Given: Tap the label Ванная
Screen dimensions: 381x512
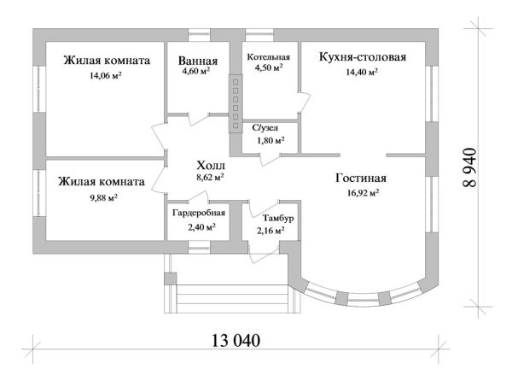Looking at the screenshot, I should click(198, 62).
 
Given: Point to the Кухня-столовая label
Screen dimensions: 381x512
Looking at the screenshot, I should click(362, 57).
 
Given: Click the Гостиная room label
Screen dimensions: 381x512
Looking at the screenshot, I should click(361, 179).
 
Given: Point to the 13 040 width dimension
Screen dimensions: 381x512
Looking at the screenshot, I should click(235, 340).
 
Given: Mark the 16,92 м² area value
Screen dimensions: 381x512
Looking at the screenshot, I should click(362, 193).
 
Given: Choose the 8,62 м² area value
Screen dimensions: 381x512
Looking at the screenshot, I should click(210, 178).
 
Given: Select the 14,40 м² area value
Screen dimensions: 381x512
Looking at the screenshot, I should click(362, 72).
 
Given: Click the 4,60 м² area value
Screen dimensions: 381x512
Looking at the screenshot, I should click(198, 74).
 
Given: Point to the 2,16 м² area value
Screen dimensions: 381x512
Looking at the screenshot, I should click(271, 231).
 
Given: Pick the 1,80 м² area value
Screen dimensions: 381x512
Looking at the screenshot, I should click(270, 140).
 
